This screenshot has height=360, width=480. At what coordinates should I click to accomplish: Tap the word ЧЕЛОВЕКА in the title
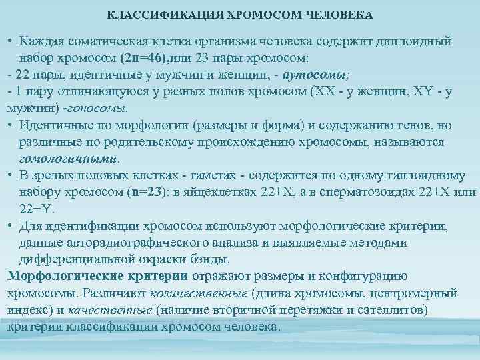[x=336, y=13]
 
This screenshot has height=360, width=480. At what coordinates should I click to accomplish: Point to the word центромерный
[x=413, y=293]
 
